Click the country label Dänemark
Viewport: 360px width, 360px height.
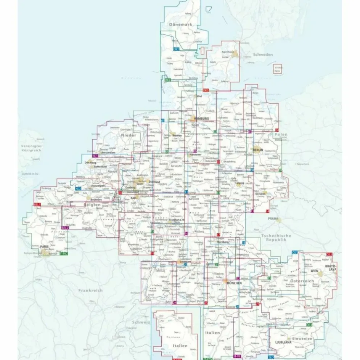[181, 24]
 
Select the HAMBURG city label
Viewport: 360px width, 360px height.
[201, 119]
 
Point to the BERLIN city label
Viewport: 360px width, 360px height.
[258, 150]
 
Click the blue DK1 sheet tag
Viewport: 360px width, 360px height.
[176, 49]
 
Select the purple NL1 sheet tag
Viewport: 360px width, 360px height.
[95, 156]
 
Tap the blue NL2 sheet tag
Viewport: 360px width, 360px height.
[79, 189]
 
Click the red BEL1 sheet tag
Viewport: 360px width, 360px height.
[37, 205]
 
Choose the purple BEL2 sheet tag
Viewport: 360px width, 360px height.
[65, 228]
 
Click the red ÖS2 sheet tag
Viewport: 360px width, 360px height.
[329, 254]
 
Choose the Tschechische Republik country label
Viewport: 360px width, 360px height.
[276, 238]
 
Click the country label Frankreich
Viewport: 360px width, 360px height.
[90, 290]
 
